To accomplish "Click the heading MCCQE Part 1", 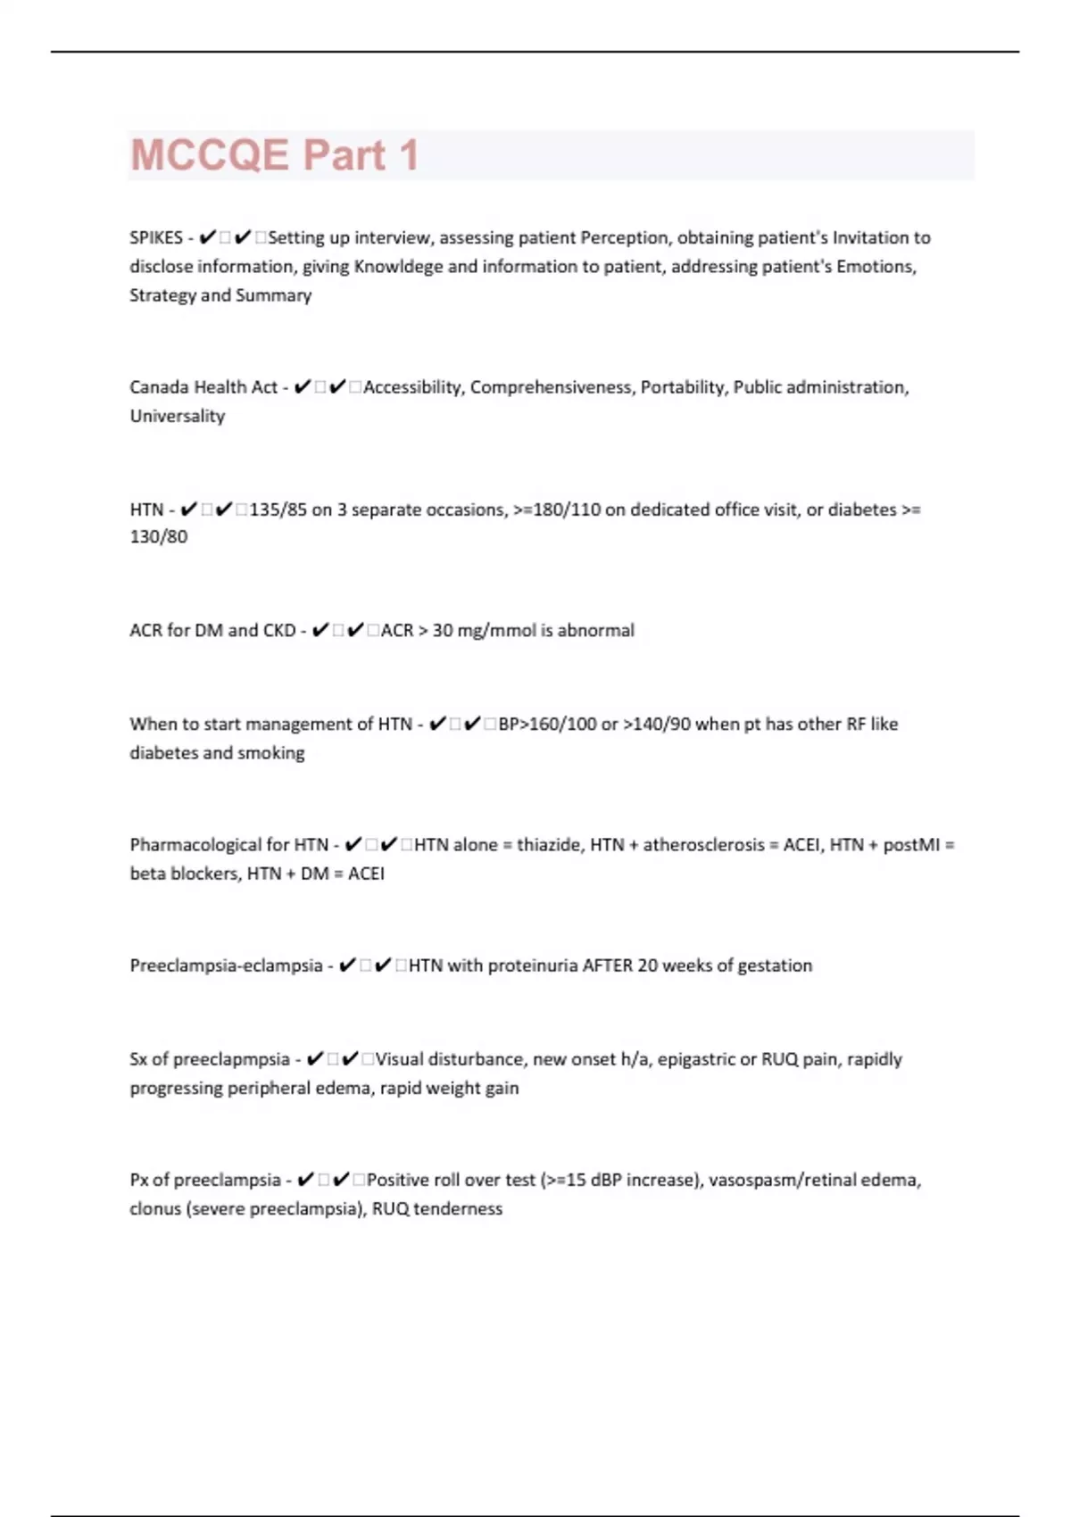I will (274, 155).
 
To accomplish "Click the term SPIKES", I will (155, 238).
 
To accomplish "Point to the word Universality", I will (177, 416).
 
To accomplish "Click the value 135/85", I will (278, 510).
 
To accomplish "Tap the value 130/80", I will (159, 537).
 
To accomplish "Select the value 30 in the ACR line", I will (443, 631).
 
